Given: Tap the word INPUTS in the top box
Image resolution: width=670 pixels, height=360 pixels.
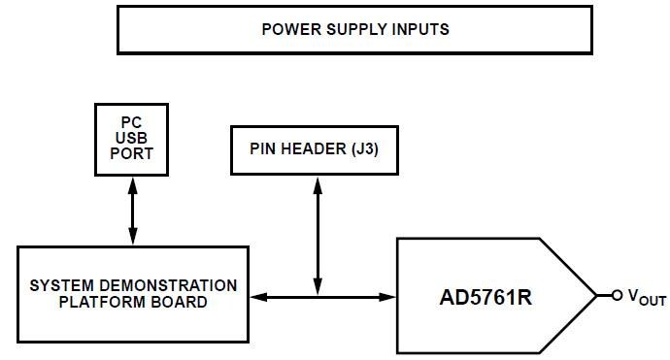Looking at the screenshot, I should point(419,29).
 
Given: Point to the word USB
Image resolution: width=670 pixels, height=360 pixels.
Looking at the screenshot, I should point(132,138).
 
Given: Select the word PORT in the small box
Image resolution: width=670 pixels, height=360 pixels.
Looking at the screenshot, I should point(132,152).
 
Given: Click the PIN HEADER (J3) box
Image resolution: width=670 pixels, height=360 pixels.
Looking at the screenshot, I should point(314,150).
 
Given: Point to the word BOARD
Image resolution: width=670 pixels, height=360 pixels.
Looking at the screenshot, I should point(181,302).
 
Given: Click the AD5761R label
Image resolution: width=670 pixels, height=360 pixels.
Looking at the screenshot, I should point(483,295).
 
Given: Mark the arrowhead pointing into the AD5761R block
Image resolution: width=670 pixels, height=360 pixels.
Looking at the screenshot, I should point(389,295).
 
